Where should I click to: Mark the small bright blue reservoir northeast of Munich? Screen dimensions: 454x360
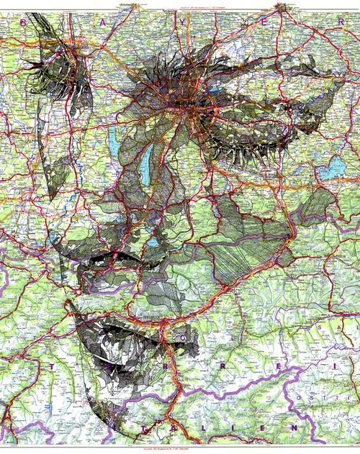tap(217, 91)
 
